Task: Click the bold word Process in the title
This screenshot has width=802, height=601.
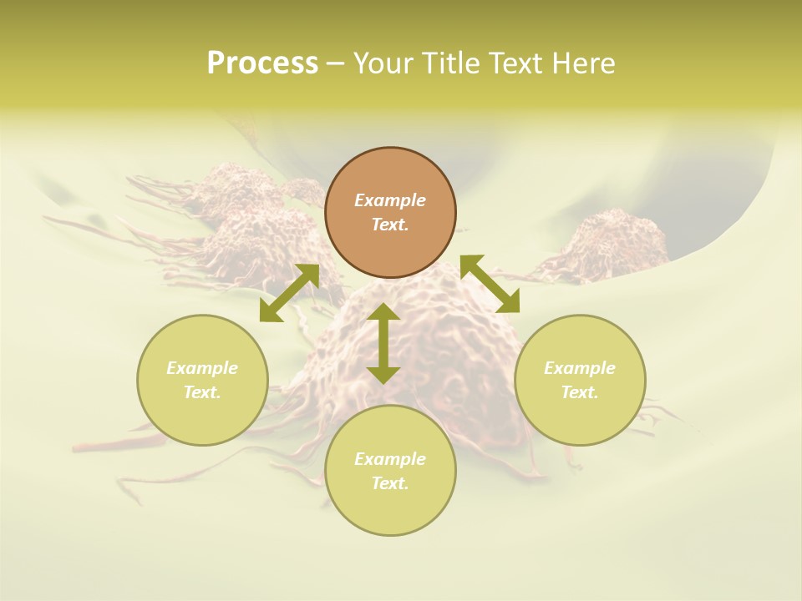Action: point(262,63)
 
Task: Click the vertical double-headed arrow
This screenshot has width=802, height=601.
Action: point(383,343)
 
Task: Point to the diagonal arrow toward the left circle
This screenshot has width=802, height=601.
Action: point(289,293)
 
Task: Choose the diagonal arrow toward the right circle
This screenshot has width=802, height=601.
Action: point(490,284)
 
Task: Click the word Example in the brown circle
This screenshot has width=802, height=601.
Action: point(390,200)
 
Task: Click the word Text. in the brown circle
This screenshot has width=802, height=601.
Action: point(390,225)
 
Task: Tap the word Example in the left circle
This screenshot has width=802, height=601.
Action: point(202,368)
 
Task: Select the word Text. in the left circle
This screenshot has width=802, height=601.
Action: point(202,392)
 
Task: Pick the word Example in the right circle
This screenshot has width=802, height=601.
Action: point(580,368)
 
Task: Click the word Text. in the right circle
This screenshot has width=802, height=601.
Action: point(580,392)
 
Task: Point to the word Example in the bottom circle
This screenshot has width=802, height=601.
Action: point(390,459)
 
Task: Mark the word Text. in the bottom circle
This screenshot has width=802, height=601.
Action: point(390,483)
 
